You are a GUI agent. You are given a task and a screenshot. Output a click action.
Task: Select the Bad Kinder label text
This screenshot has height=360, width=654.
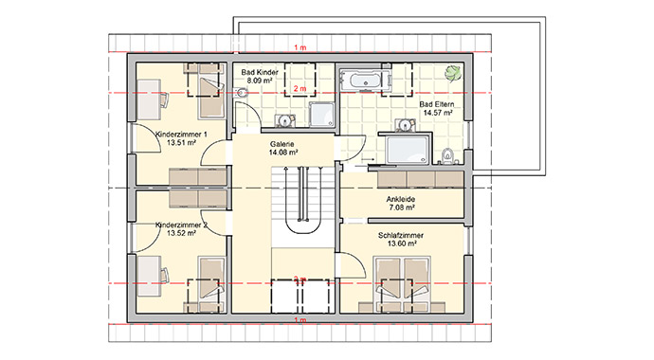(x=260, y=73)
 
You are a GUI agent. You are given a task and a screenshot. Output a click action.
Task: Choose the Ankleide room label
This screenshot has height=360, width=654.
(x=401, y=200)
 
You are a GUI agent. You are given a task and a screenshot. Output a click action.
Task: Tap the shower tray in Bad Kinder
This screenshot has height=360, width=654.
(x=320, y=113)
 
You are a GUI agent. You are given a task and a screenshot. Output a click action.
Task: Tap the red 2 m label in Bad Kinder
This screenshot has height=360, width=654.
(x=300, y=89)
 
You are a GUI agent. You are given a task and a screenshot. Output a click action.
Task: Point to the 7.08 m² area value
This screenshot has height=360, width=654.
(x=401, y=209)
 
